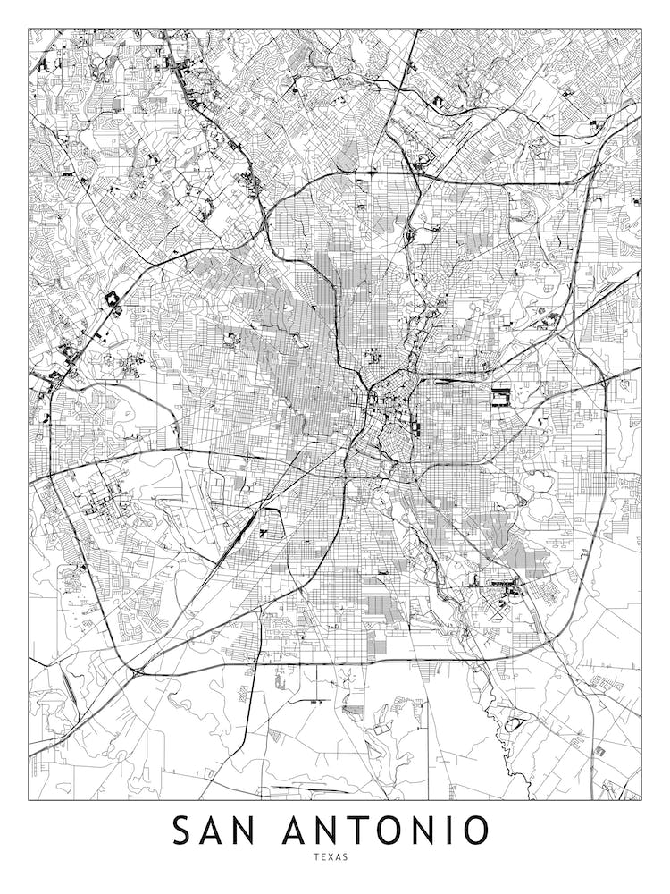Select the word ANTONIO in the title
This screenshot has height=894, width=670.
click(x=386, y=831)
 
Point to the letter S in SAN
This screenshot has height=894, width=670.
click(x=181, y=831)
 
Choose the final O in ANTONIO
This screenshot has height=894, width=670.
click(x=474, y=831)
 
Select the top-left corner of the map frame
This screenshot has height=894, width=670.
click(x=29, y=29)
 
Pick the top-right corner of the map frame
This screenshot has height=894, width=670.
click(x=641, y=29)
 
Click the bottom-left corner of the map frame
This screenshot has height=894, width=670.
click(x=29, y=799)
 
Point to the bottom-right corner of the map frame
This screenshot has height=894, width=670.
click(x=641, y=799)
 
